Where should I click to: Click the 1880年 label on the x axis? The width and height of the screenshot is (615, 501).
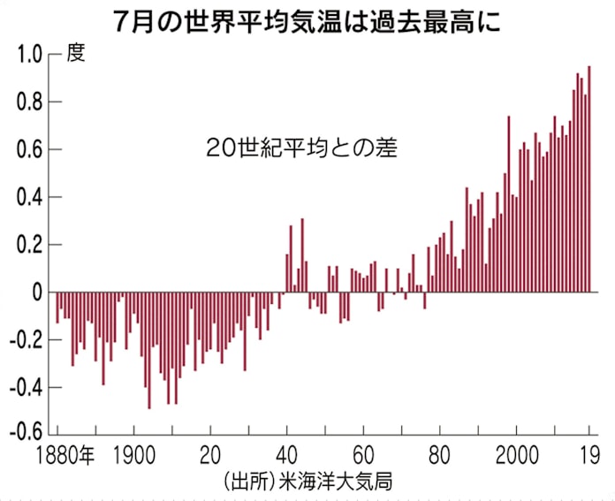pos(64,456)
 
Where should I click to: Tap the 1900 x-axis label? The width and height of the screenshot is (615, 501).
pos(133,456)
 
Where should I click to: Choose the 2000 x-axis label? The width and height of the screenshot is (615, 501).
pos(516,456)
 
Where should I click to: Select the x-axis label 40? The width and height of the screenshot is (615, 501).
pos(286,456)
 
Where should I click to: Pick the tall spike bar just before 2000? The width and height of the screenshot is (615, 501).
pos(508,204)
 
